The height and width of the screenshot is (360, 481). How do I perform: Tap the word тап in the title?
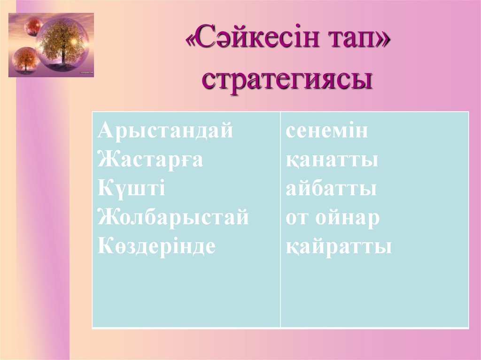pyautogui.click(x=349, y=45)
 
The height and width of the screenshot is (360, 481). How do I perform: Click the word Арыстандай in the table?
pyautogui.click(x=165, y=131)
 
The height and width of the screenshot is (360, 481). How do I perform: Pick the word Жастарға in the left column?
pyautogui.click(x=150, y=160)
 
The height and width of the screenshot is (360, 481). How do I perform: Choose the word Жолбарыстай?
pyautogui.click(x=173, y=217)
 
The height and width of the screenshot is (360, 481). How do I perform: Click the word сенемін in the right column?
pyautogui.click(x=327, y=131)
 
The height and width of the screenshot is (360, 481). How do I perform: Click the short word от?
pyautogui.click(x=297, y=218)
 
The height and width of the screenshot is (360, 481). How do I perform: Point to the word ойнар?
pyautogui.click(x=347, y=218)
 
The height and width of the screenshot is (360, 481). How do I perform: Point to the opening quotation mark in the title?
pyautogui.click(x=193, y=46)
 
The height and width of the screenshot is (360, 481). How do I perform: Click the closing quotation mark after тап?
pyautogui.click(x=383, y=46)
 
